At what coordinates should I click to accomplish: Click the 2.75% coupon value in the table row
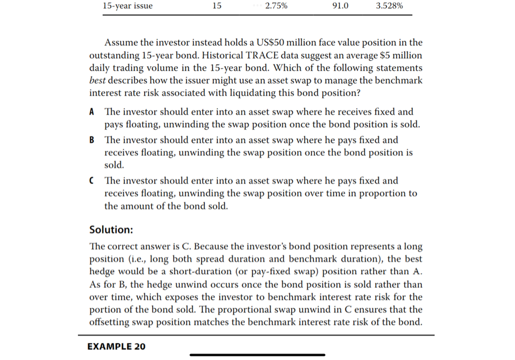pyautogui.click(x=276, y=6)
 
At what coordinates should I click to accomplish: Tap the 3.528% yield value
pyautogui.click(x=389, y=6)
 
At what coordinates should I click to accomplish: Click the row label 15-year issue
pyautogui.click(x=127, y=6)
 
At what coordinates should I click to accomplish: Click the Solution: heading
pyautogui.click(x=111, y=230)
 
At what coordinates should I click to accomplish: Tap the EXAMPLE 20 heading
pyautogui.click(x=116, y=346)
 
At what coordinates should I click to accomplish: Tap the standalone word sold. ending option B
pyautogui.click(x=114, y=165)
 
